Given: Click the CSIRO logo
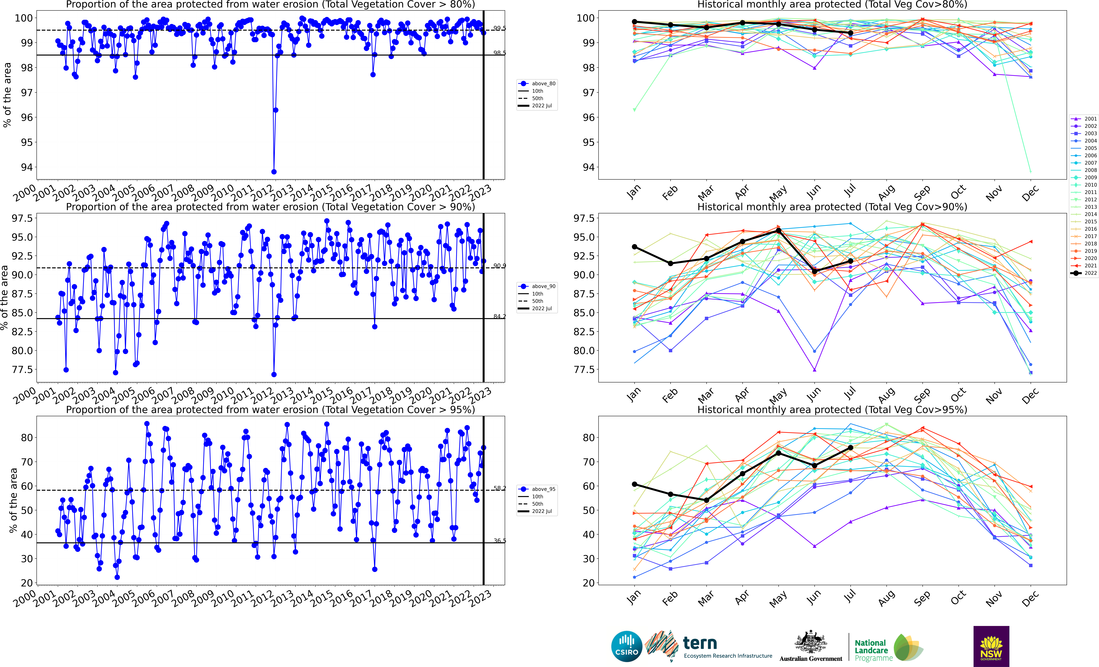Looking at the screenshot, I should coord(627,646).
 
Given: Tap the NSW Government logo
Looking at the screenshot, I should coord(991,646).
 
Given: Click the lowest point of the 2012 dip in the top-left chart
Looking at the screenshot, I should coord(274,172).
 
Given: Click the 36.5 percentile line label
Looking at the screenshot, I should coord(500,541).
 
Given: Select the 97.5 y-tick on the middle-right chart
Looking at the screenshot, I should coord(584,218).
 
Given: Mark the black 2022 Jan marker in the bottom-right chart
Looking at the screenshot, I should coord(634,484).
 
